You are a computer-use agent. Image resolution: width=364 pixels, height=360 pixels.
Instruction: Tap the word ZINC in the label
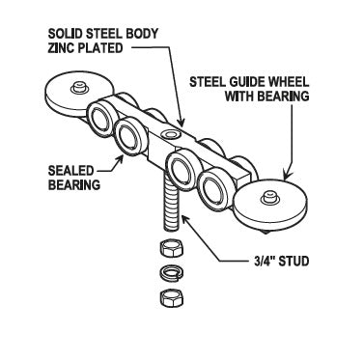[x=61, y=48]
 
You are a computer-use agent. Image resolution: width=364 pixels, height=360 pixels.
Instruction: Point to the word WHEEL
[x=289, y=82]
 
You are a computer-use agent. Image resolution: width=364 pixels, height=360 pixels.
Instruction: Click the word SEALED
[x=70, y=171]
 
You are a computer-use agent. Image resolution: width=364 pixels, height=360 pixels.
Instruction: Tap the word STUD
[x=294, y=261]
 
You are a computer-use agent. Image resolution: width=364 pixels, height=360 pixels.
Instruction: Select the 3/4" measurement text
[x=265, y=261]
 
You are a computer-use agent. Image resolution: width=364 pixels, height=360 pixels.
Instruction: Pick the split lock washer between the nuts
[x=171, y=272]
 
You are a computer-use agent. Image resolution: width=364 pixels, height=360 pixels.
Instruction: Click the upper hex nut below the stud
[x=171, y=248]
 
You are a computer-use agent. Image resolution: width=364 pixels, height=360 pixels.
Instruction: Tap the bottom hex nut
[x=171, y=298]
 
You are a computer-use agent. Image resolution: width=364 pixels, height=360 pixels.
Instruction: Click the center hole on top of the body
[x=171, y=133]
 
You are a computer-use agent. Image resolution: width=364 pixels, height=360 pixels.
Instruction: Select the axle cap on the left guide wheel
[x=78, y=87]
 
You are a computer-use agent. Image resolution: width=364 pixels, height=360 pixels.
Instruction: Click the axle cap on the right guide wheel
[x=268, y=197]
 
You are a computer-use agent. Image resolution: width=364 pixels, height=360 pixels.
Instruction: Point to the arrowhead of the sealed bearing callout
[x=121, y=158]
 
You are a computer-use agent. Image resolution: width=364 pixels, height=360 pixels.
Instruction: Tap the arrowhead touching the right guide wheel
[x=287, y=175]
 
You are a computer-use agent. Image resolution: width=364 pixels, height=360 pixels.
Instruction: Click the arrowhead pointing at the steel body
[x=182, y=122]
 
